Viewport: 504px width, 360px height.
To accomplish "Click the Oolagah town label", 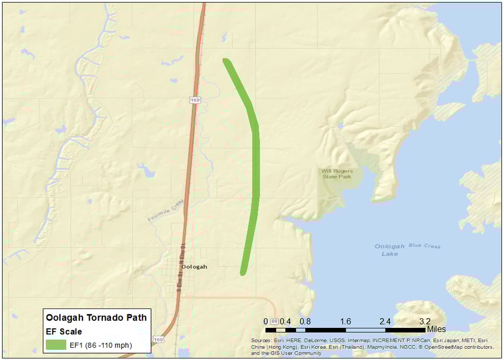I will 194,267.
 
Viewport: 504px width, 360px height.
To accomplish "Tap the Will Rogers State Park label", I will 337,174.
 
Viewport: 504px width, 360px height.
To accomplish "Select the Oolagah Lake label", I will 390,250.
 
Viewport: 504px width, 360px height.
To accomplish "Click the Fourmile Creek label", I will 166,210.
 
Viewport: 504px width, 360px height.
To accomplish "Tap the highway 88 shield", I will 274,321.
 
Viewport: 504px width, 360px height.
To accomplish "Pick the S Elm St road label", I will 178,280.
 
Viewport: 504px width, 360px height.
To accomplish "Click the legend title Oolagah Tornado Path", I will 96,317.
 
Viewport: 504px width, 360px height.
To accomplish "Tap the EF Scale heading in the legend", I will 64,332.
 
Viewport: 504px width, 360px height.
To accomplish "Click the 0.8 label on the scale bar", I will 305,321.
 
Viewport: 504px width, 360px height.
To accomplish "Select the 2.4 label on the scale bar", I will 384,321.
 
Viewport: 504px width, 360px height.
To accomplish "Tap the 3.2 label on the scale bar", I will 425,321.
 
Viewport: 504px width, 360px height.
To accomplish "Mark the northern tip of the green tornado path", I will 226,60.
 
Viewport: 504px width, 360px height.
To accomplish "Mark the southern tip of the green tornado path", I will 243,273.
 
